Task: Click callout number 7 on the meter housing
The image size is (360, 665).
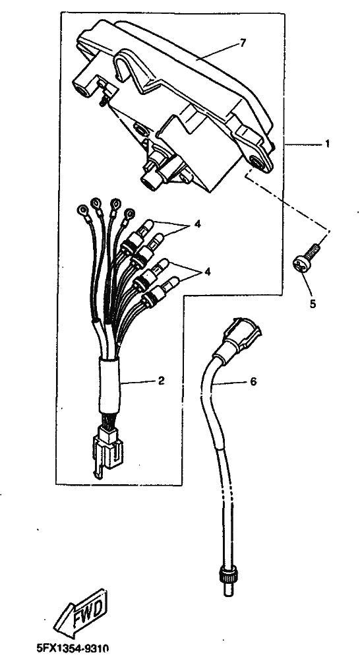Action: pos(243,43)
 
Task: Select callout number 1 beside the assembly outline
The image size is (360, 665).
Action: pos(327,144)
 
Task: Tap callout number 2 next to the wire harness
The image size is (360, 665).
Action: pos(161,381)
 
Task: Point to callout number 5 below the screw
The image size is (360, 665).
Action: pos(313,305)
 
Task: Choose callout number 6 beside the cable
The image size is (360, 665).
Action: pos(253,382)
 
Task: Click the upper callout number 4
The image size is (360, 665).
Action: pos(197,225)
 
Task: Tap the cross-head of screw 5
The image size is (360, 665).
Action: pos(302,265)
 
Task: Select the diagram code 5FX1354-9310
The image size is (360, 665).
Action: pos(73,649)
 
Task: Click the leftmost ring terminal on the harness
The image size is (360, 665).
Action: pos(82,209)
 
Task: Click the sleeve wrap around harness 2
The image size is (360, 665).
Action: pos(109,385)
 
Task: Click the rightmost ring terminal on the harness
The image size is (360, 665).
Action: pos(129,213)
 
